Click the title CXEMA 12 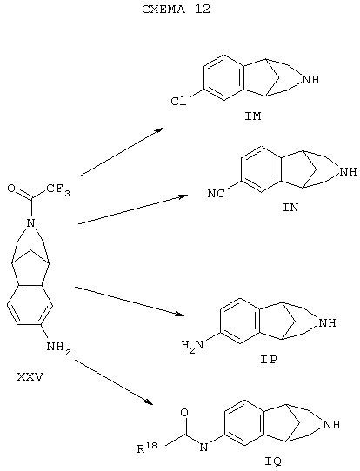click(177, 10)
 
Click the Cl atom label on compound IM click(178, 102)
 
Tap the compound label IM click(253, 116)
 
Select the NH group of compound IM click(310, 80)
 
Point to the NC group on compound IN click(216, 194)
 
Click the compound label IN click(290, 208)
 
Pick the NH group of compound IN click(348, 172)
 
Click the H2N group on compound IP click(193, 346)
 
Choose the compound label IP click(269, 360)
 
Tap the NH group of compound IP click(327, 323)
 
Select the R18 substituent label click(147, 448)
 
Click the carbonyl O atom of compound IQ click(184, 413)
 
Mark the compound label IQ click(273, 461)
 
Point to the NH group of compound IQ click(331, 425)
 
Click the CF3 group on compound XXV click(58, 189)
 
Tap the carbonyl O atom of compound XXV click(11, 189)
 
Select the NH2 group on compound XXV click(59, 348)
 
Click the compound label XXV click(30, 376)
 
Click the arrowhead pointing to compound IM click(158, 130)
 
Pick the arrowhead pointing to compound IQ click(149, 401)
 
